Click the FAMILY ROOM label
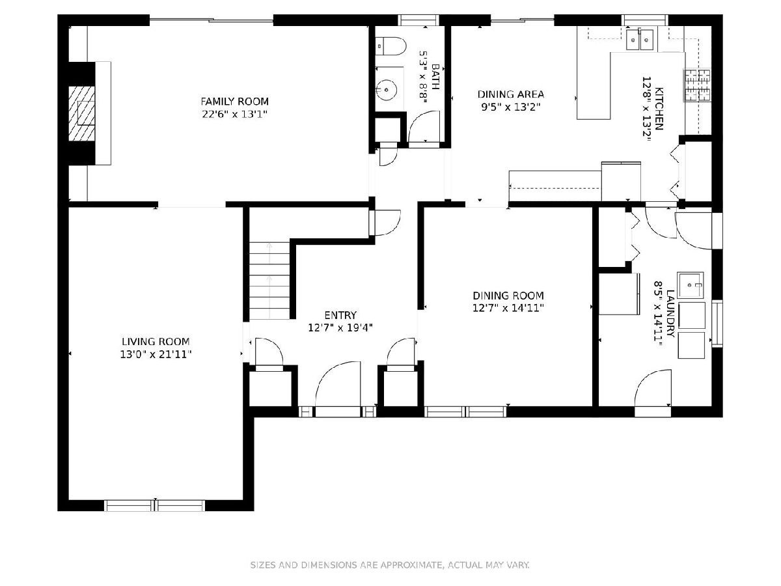point(234,102)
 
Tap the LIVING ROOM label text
point(156,342)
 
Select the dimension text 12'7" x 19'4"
point(340,328)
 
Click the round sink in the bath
point(387,90)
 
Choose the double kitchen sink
point(640,40)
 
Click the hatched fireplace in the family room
point(81,113)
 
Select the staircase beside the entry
point(269,281)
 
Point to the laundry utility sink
point(691,285)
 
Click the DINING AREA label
point(511,94)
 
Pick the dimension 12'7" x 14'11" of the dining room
point(508,308)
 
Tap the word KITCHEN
point(659,109)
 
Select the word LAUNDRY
point(670,313)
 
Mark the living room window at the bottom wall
point(155,506)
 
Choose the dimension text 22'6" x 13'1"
point(234,115)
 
